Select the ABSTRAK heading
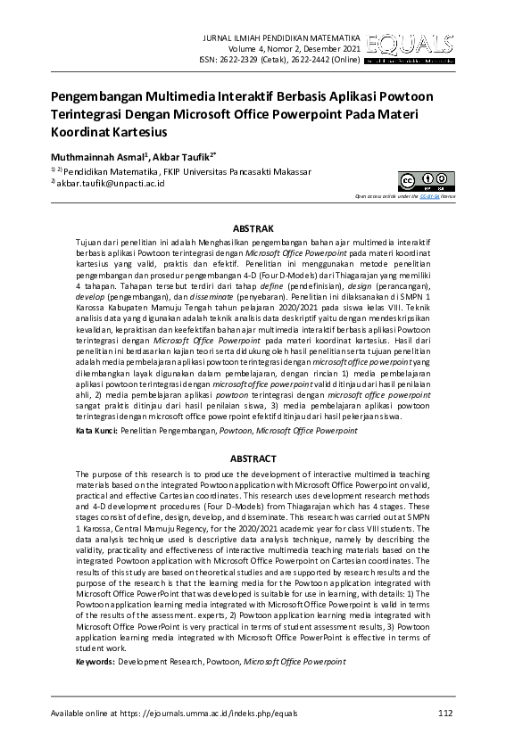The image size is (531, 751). (x=265, y=229)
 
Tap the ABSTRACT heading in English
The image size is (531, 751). (x=265, y=458)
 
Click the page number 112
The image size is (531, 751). (x=445, y=713)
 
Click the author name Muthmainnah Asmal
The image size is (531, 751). (x=91, y=155)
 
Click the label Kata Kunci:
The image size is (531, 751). (x=96, y=431)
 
